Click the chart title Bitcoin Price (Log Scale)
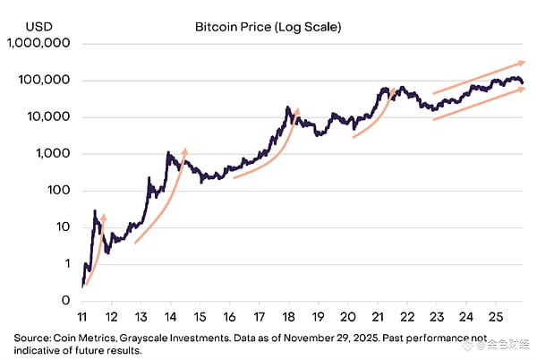point(268,26)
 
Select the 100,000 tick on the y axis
point(45,80)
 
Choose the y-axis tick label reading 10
point(63,227)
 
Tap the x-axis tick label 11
point(82,316)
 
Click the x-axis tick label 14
point(170,316)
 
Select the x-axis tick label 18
point(288,316)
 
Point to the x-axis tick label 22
point(406,316)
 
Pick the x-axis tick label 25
point(495,316)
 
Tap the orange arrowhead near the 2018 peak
point(296,111)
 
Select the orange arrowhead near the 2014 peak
point(184,150)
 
